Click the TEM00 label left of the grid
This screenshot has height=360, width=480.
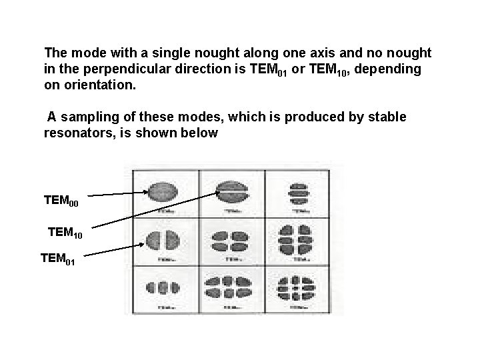coord(61,200)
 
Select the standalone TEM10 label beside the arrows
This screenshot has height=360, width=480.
coord(65,233)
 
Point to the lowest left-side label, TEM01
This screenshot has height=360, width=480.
coord(57,257)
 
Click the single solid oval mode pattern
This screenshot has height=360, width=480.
coord(162,191)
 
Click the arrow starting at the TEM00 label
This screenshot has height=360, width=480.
coord(118,195)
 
